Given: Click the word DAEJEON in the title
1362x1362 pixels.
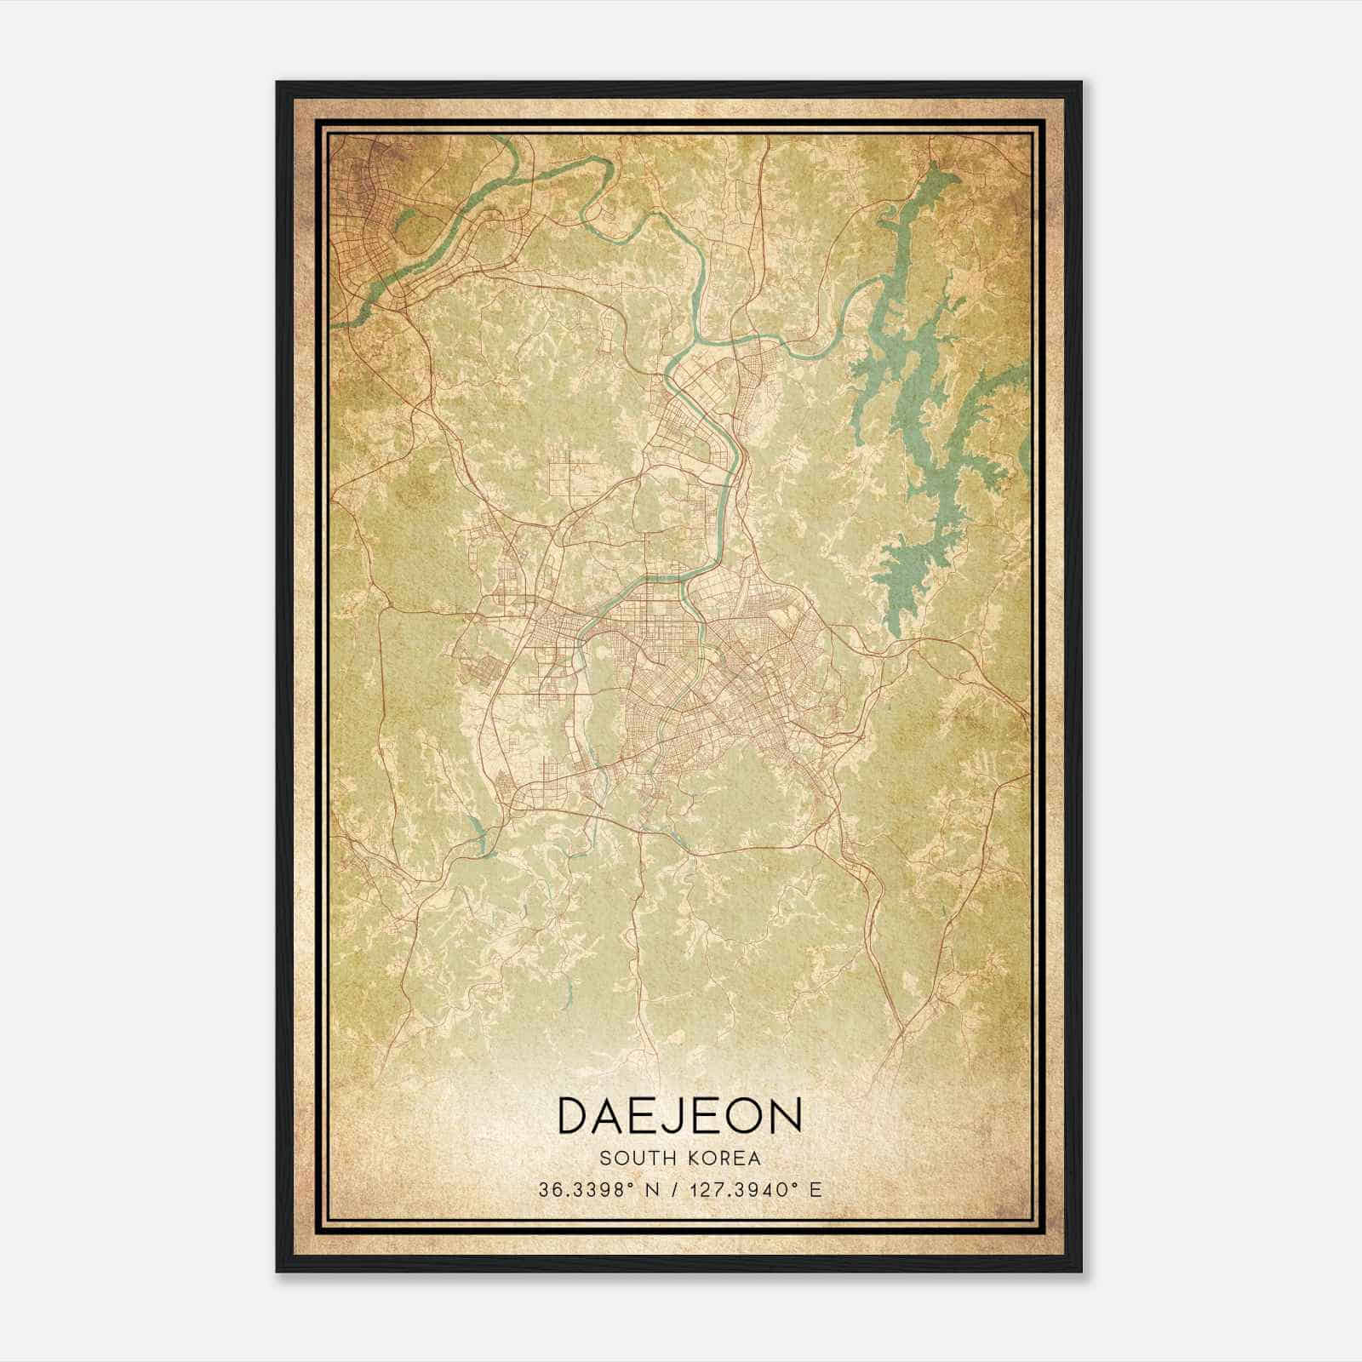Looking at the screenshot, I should tap(679, 1115).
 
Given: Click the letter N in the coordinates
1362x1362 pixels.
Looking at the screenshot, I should tap(653, 1190).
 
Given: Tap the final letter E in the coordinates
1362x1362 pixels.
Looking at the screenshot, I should tap(816, 1190).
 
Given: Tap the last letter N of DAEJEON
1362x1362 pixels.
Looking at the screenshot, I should tap(787, 1115).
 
